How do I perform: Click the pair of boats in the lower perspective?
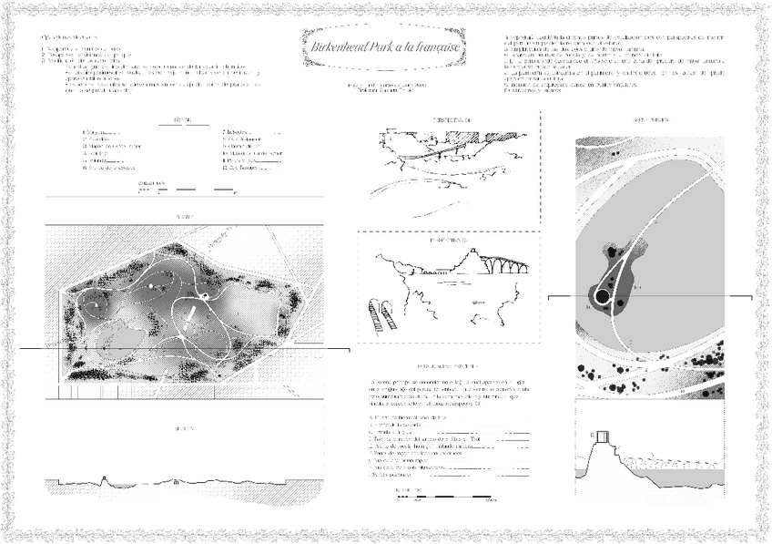[x=381, y=314]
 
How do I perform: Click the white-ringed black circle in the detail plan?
[x=602, y=296]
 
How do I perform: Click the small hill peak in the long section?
[x=107, y=477]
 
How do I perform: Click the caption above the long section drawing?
[x=182, y=427]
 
